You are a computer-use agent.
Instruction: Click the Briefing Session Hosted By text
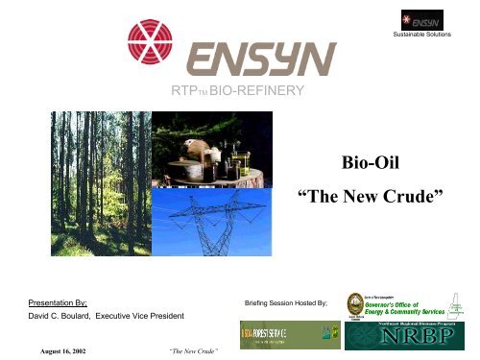point(287,302)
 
